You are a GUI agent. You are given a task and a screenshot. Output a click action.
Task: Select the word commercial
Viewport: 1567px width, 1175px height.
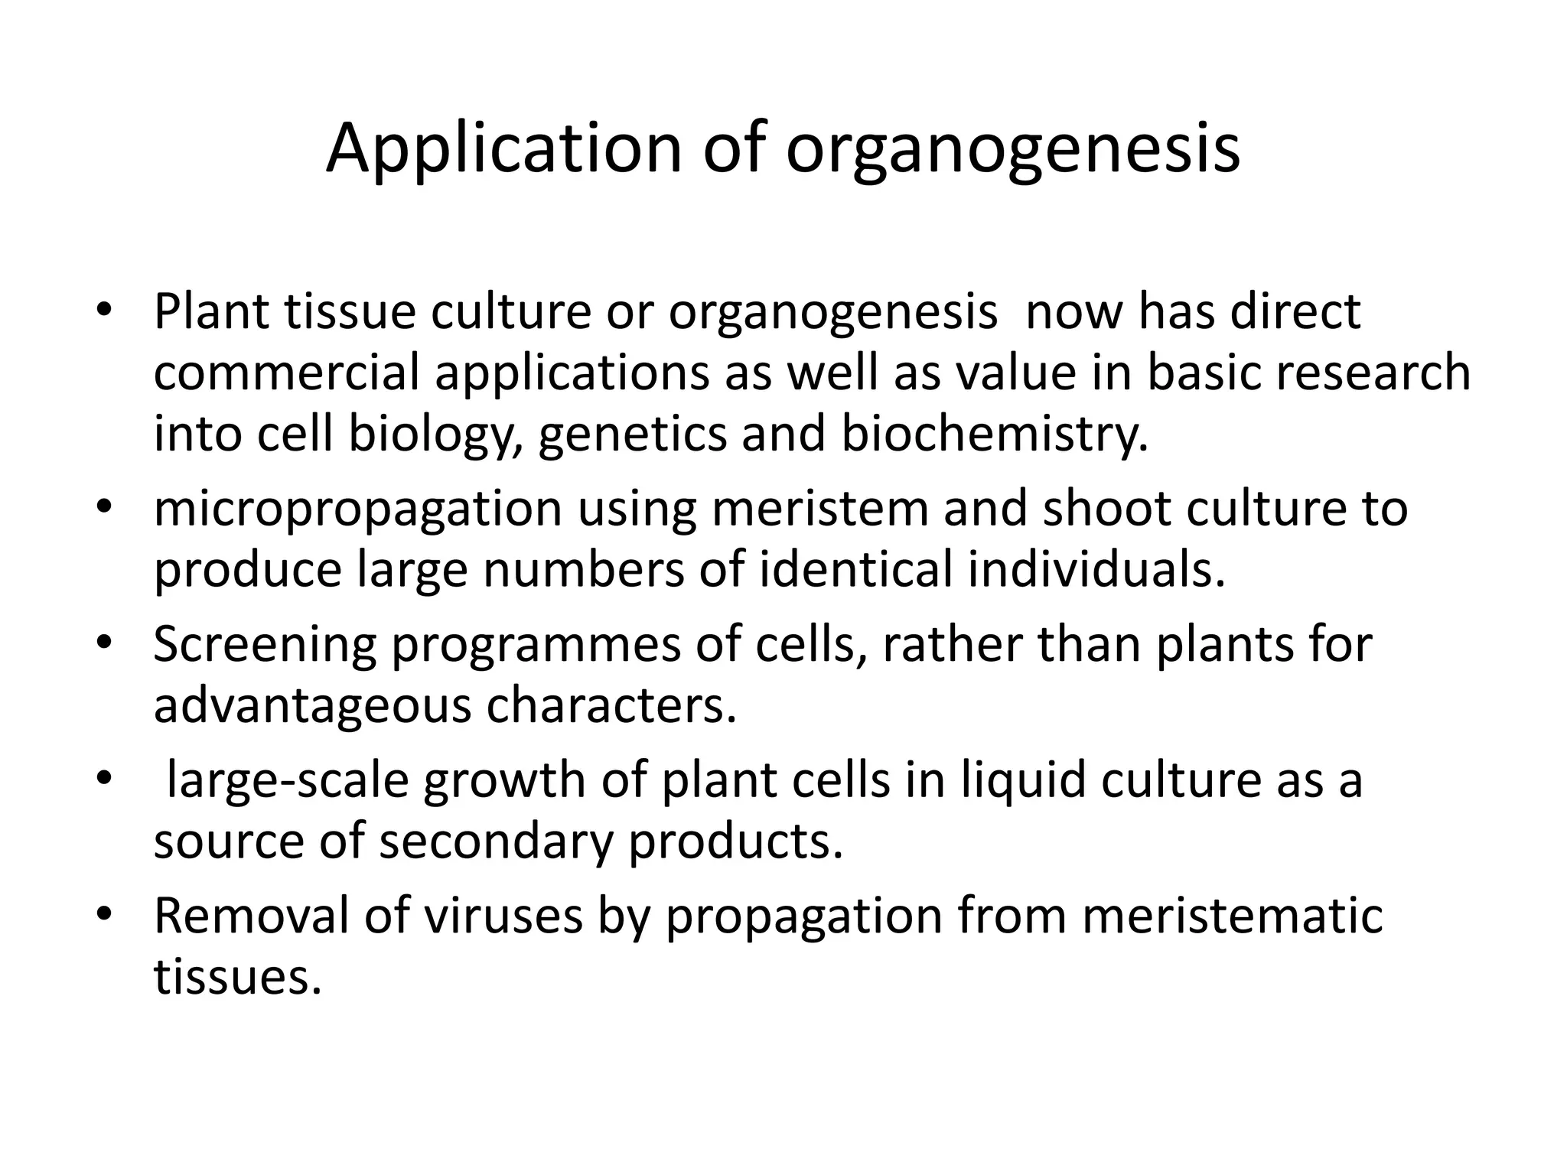pos(287,373)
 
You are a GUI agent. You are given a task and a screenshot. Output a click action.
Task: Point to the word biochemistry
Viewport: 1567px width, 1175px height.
pos(994,434)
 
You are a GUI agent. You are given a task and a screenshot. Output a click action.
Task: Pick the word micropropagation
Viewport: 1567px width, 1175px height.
pos(357,509)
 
